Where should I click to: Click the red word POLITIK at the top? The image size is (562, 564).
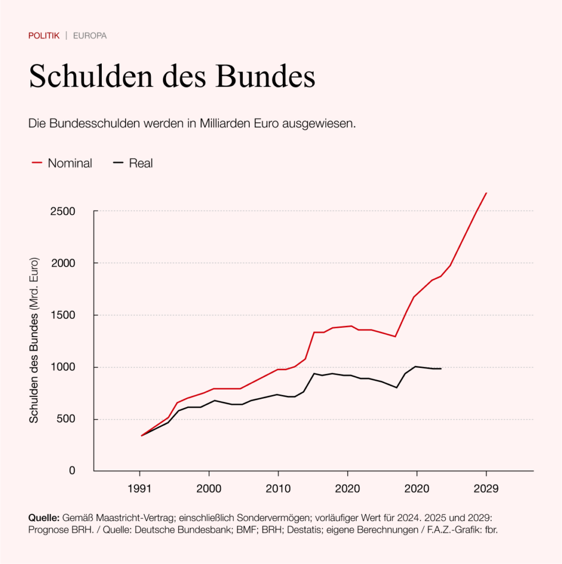(43, 36)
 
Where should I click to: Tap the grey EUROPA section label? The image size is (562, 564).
(90, 36)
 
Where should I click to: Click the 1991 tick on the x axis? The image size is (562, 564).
(139, 488)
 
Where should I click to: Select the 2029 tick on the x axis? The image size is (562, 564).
(486, 488)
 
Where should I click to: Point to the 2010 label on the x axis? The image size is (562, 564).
(278, 488)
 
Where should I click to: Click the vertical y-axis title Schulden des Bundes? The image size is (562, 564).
(34, 340)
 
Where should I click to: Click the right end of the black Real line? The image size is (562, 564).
(441, 368)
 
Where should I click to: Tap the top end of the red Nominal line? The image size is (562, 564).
(486, 193)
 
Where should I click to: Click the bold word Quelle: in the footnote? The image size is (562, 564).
(44, 519)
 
